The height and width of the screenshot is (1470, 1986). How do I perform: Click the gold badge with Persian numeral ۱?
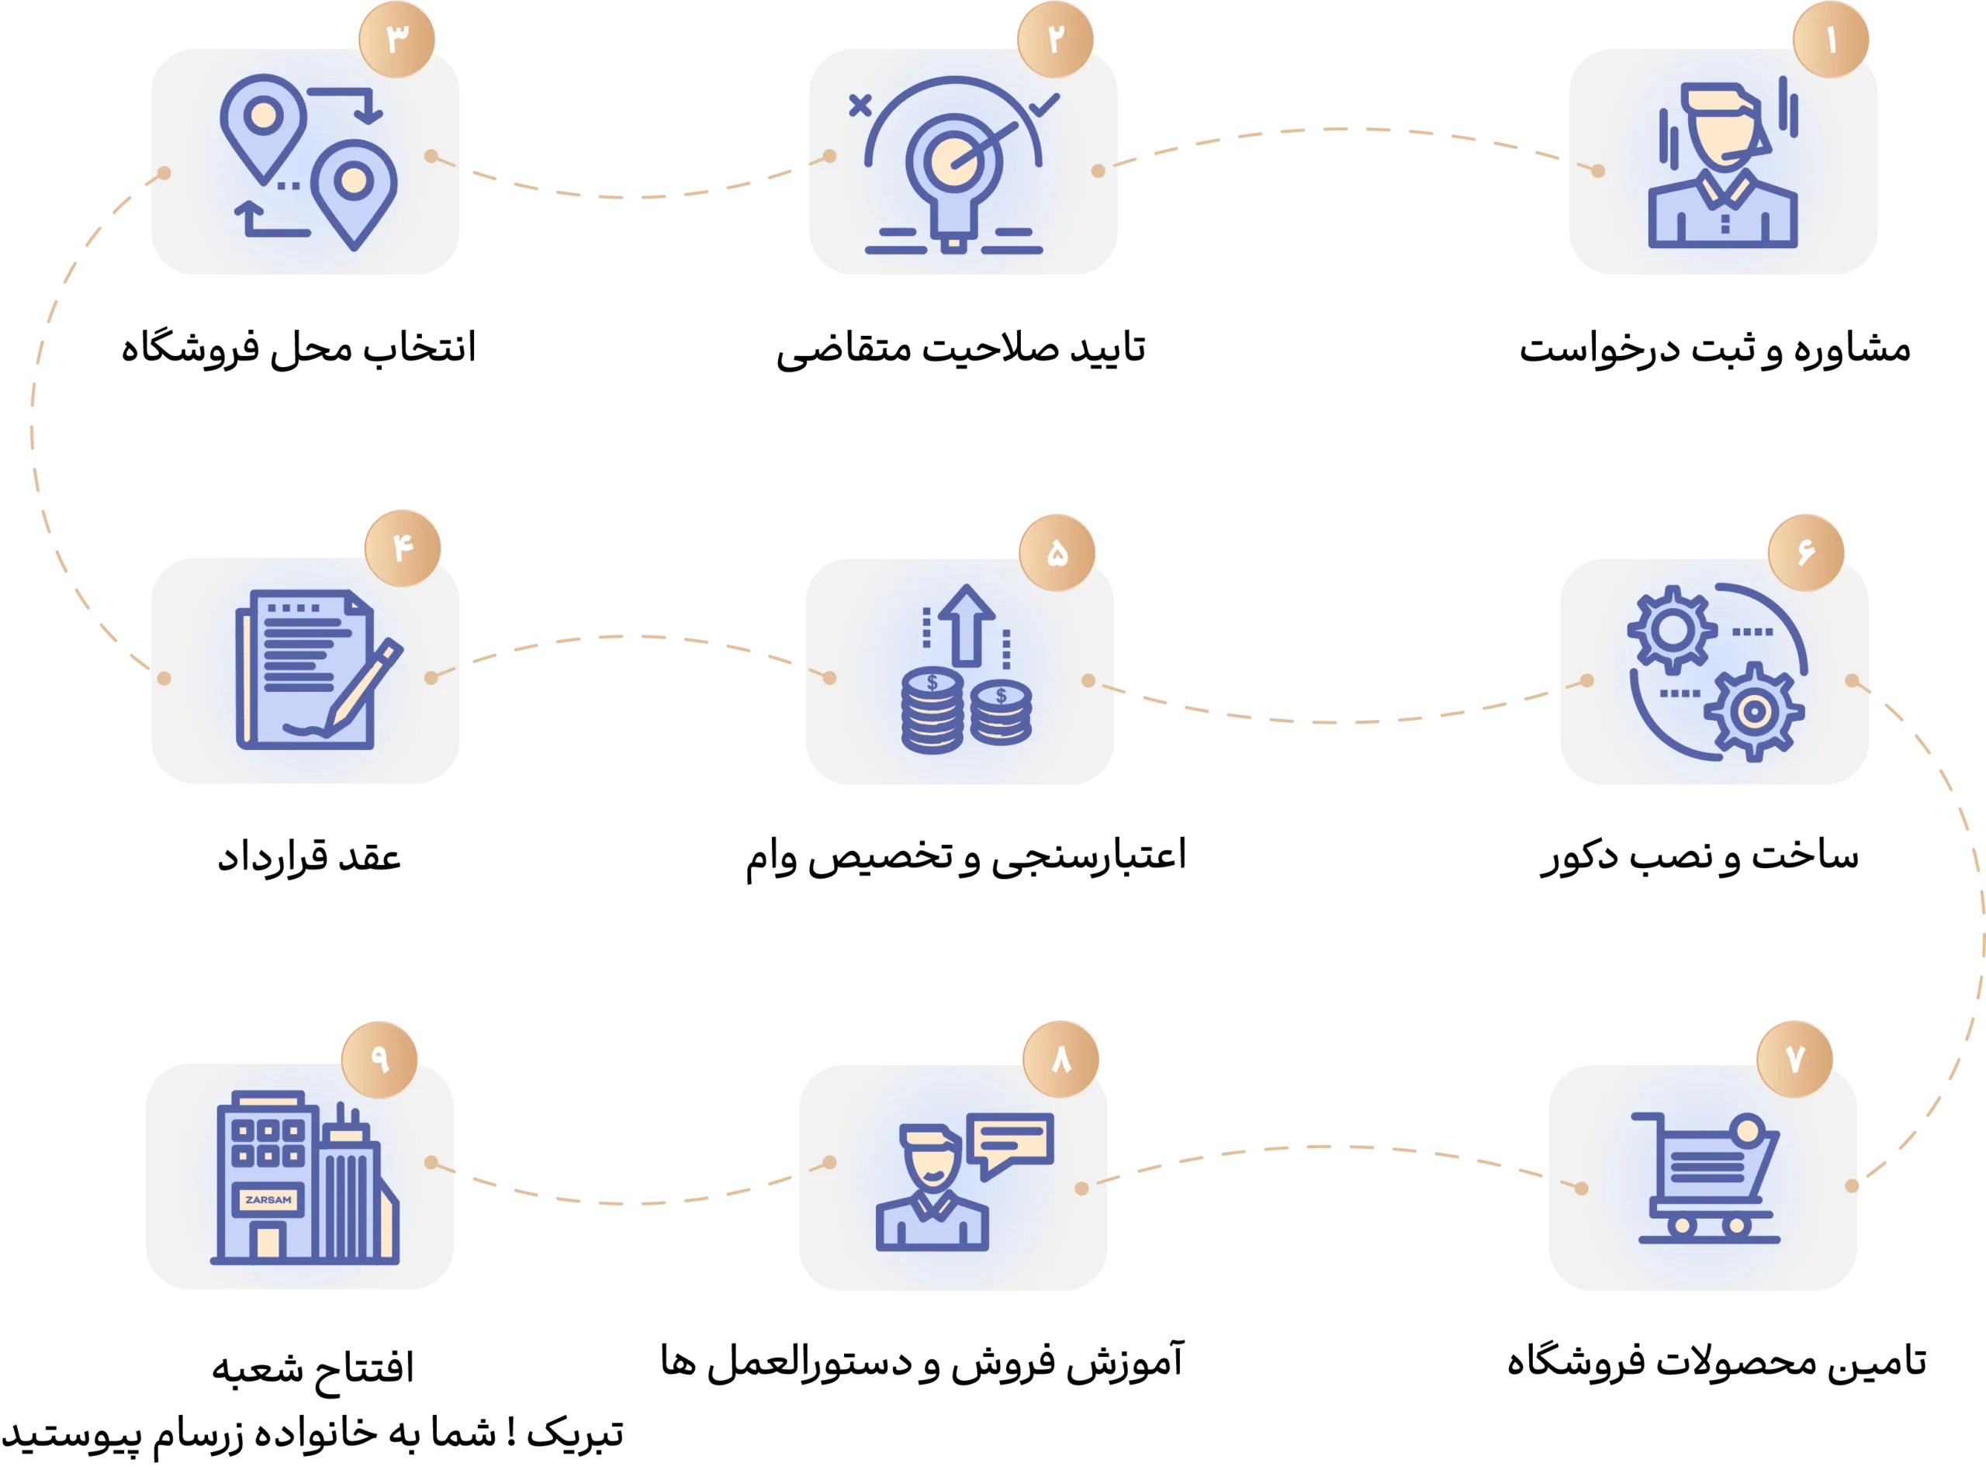[x=1830, y=40]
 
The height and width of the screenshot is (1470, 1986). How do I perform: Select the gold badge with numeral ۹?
[x=380, y=1058]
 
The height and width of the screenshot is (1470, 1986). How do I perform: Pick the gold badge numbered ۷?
[x=1794, y=1058]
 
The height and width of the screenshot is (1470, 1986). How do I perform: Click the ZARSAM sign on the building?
[x=268, y=1199]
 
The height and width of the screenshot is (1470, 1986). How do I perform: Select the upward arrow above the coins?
[x=965, y=624]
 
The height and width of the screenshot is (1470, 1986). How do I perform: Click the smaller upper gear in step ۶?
[x=1672, y=630]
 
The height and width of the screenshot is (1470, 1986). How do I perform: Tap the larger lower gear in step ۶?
[x=1752, y=712]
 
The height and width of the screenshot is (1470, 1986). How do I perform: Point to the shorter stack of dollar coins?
[x=1001, y=714]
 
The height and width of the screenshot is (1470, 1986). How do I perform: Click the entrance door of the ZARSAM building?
[x=268, y=1241]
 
